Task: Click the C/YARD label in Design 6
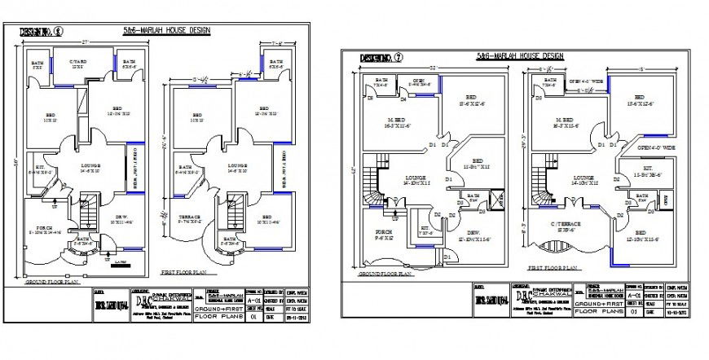click(78, 63)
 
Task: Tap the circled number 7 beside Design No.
click(397, 58)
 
